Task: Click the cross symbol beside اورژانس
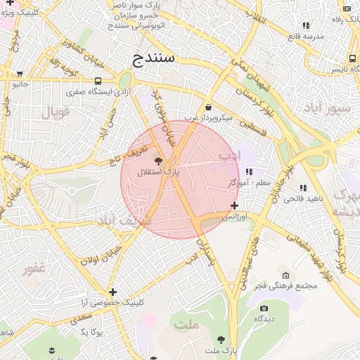(234, 205)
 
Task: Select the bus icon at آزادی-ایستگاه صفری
(97, 81)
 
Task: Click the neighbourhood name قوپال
(56, 112)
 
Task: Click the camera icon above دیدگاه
(264, 308)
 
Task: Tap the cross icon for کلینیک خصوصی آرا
(112, 292)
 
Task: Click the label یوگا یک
(91, 331)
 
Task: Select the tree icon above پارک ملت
(221, 339)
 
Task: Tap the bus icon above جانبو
(19, 73)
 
